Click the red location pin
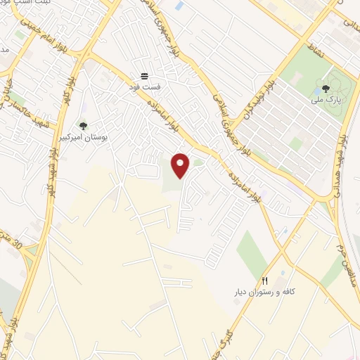181,165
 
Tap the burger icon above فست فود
143,75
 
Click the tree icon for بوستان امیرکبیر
84,126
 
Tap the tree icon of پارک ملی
325,89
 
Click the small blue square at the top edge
179,6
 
